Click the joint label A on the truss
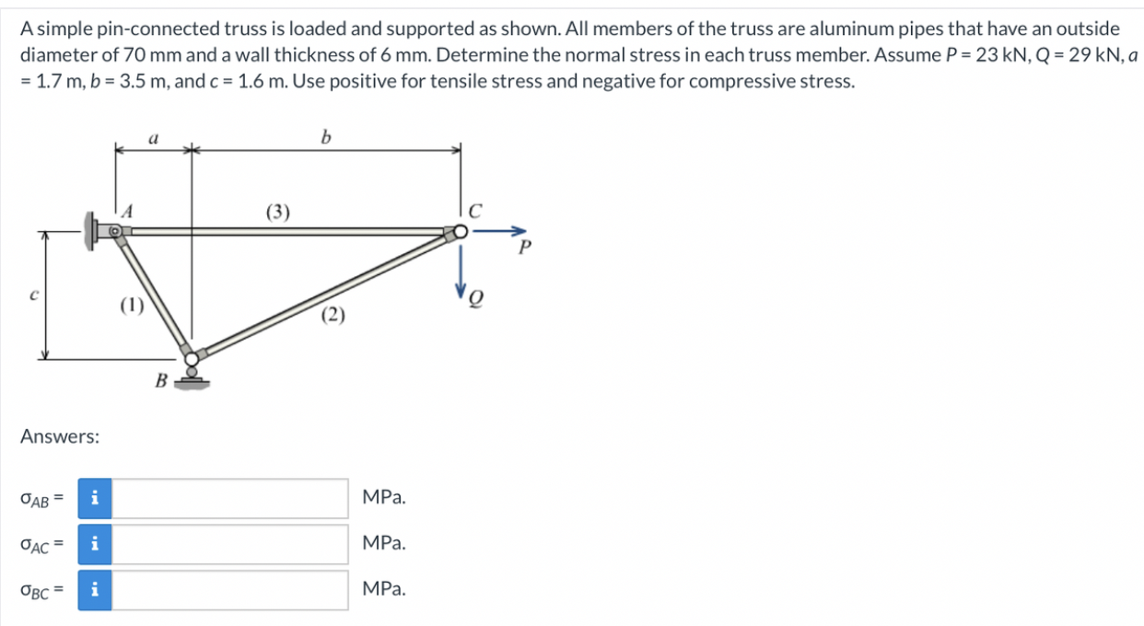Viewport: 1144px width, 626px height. coord(129,212)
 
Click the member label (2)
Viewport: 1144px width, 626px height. coord(333,317)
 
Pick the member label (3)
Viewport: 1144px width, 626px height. coord(278,213)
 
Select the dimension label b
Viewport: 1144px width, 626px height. coord(325,138)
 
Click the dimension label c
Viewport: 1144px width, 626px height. coord(33,295)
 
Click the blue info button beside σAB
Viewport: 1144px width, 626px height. coord(95,498)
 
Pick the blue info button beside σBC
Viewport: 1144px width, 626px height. coord(95,590)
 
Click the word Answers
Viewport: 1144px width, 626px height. coord(60,436)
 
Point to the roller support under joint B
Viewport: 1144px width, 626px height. coord(192,377)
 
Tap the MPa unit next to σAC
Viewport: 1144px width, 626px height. coord(384,544)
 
